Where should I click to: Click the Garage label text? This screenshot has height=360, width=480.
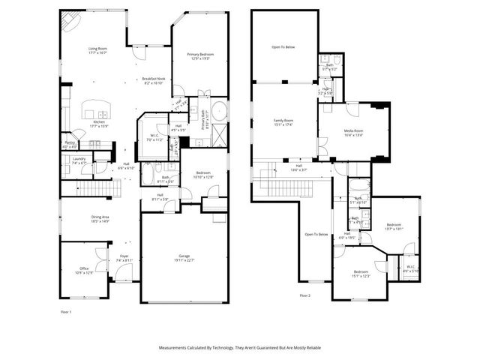click(x=184, y=259)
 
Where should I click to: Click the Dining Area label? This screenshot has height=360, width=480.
click(x=100, y=219)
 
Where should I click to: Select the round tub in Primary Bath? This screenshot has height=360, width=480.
click(x=218, y=113)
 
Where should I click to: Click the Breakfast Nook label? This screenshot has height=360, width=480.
click(x=153, y=81)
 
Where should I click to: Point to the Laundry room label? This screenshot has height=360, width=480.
click(x=79, y=160)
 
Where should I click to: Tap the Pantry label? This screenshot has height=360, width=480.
click(x=70, y=144)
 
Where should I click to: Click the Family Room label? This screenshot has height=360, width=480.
click(x=283, y=121)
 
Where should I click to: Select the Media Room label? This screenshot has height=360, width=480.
click(x=353, y=133)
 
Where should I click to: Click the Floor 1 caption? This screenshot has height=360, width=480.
click(x=66, y=310)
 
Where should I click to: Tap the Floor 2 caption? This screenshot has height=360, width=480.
click(x=304, y=295)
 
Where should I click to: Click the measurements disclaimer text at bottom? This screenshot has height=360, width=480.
click(x=239, y=348)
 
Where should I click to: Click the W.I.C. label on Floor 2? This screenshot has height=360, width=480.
click(x=411, y=268)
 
